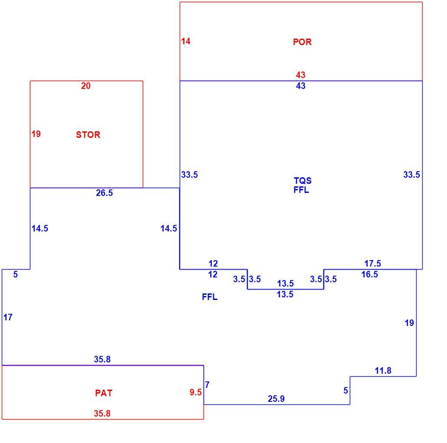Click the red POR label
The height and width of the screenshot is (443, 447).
pyautogui.click(x=302, y=42)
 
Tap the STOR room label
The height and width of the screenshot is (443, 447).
pyautogui.click(x=88, y=135)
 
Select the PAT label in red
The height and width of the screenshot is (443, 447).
pyautogui.click(x=104, y=393)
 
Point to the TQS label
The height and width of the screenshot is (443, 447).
pyautogui.click(x=303, y=180)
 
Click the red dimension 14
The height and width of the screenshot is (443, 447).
pyautogui.click(x=186, y=41)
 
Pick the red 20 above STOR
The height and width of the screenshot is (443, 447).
pyautogui.click(x=86, y=86)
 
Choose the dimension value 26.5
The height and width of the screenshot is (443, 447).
pyautogui.click(x=104, y=193)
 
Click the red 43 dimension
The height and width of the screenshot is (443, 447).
pyautogui.click(x=301, y=75)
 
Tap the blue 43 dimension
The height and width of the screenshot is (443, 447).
pyautogui.click(x=301, y=86)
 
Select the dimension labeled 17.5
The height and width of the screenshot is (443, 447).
pyautogui.click(x=373, y=264)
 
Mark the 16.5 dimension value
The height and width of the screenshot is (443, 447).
pyautogui.click(x=370, y=274)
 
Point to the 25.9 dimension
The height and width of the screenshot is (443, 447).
pyautogui.click(x=276, y=399)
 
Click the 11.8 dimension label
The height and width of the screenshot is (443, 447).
pyautogui.click(x=383, y=371)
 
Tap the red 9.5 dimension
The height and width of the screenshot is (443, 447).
pyautogui.click(x=196, y=392)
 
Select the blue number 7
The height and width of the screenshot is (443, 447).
pyautogui.click(x=207, y=384)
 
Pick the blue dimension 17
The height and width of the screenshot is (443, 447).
pyautogui.click(x=8, y=317)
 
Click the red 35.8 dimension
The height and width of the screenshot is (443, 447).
pyautogui.click(x=102, y=413)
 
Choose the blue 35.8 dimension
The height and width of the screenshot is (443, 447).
pyautogui.click(x=102, y=359)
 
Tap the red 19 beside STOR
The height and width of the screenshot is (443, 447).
pyautogui.click(x=36, y=134)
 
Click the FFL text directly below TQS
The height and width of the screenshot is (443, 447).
pyautogui.click(x=301, y=189)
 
